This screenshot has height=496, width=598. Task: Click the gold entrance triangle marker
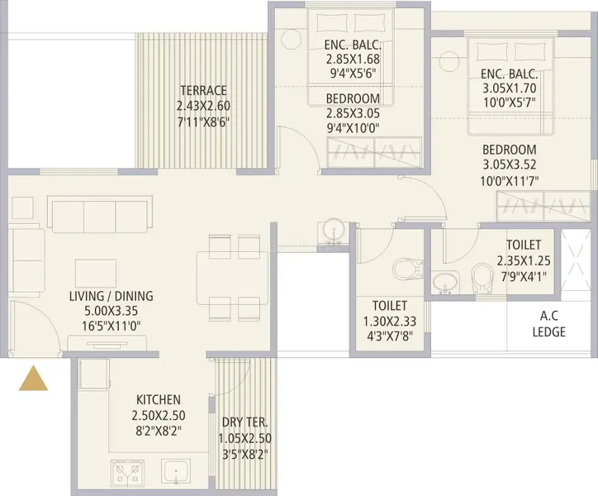click(34, 379)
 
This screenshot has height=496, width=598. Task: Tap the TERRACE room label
click(203, 90)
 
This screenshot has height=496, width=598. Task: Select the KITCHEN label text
click(159, 400)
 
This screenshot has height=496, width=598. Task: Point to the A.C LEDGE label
click(548, 324)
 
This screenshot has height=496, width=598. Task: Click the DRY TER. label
click(244, 422)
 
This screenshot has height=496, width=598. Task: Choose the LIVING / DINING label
click(111, 296)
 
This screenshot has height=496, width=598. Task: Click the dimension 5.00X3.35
click(111, 311)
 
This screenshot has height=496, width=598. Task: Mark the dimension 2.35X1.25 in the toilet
click(524, 260)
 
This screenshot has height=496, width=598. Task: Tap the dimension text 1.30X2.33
click(389, 322)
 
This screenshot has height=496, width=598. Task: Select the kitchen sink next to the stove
click(175, 471)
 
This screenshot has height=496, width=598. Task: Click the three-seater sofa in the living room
click(100, 214)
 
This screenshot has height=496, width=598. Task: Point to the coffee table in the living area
click(96, 273)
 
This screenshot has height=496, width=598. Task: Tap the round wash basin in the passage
click(334, 231)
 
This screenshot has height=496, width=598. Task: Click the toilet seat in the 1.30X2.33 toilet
click(408, 269)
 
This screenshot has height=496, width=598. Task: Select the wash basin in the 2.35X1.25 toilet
click(445, 282)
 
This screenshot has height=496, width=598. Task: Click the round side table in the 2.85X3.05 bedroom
click(291, 39)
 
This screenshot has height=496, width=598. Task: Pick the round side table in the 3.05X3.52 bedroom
click(448, 60)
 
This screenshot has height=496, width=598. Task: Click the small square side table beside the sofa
click(22, 207)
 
